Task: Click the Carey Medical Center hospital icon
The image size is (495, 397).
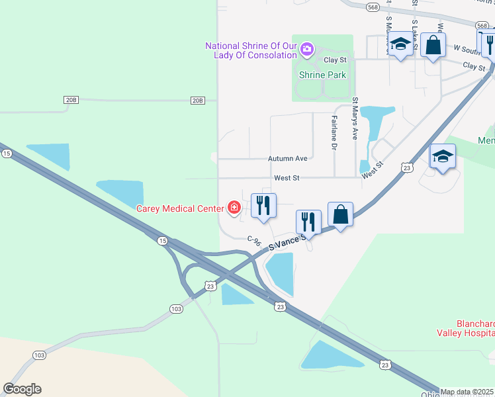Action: click(x=234, y=208)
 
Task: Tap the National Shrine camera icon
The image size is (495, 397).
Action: click(x=306, y=48)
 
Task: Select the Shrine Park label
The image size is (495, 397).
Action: click(x=322, y=75)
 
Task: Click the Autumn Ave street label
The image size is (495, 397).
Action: click(x=288, y=159)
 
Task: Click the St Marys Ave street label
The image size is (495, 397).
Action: click(x=355, y=119)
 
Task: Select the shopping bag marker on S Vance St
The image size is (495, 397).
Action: click(x=340, y=216)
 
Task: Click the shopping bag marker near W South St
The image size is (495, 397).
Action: click(x=433, y=45)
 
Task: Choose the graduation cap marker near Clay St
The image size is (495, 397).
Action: click(x=400, y=45)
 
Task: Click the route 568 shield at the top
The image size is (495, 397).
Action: click(x=372, y=7)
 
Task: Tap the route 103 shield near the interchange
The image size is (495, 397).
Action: click(x=176, y=309)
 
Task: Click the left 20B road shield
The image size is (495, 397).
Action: click(x=71, y=100)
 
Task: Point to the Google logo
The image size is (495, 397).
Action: click(x=22, y=389)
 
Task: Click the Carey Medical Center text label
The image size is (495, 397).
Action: click(x=180, y=208)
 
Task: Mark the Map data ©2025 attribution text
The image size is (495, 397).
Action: click(x=467, y=392)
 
